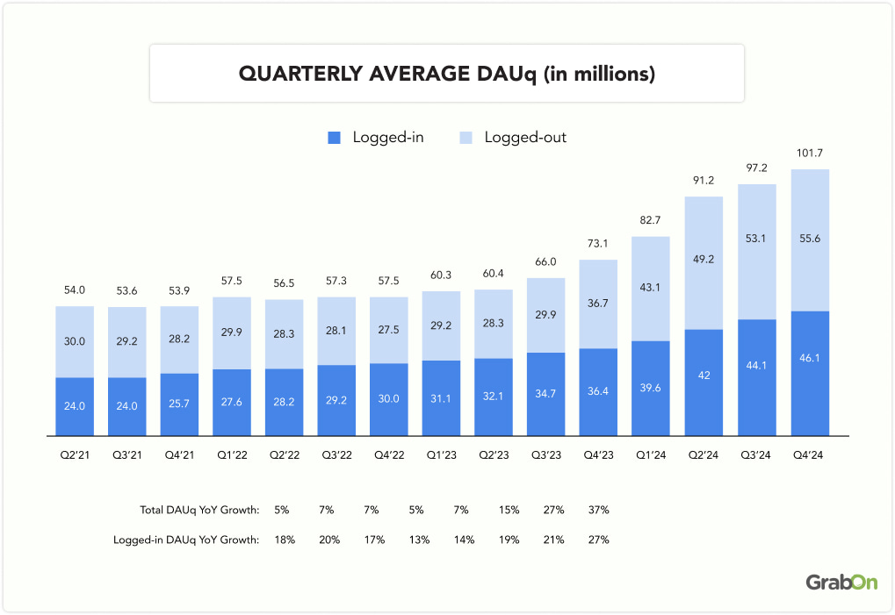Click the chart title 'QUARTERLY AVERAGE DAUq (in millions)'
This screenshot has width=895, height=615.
pos(447,74)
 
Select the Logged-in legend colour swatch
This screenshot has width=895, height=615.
pos(334,138)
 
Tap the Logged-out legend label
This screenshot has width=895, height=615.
pos(525,138)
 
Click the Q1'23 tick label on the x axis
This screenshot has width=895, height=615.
pos(442,454)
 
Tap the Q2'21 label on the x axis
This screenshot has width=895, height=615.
pos(74,454)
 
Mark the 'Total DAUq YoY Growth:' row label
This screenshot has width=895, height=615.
pos(199,510)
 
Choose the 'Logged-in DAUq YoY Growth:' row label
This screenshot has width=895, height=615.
pos(186,540)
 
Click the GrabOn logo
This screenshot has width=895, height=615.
pos(841,583)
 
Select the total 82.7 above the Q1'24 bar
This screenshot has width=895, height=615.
pos(651,221)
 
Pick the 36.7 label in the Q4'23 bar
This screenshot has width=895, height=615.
pos(598,304)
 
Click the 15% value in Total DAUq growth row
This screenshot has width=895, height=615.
pos(509,510)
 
